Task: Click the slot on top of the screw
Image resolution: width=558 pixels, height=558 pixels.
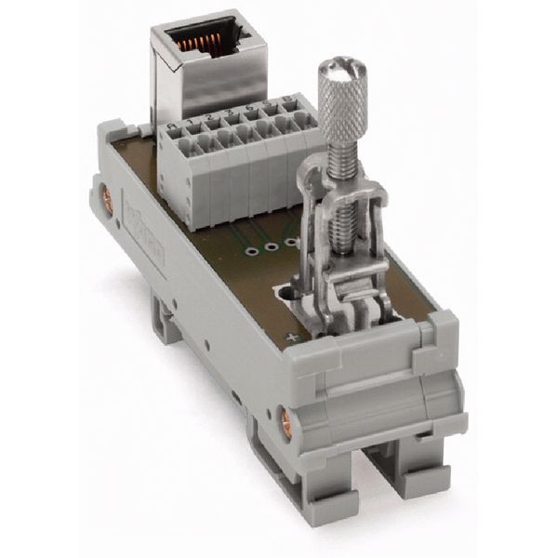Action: [342, 67]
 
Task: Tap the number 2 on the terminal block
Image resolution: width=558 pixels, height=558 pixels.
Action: [211, 118]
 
